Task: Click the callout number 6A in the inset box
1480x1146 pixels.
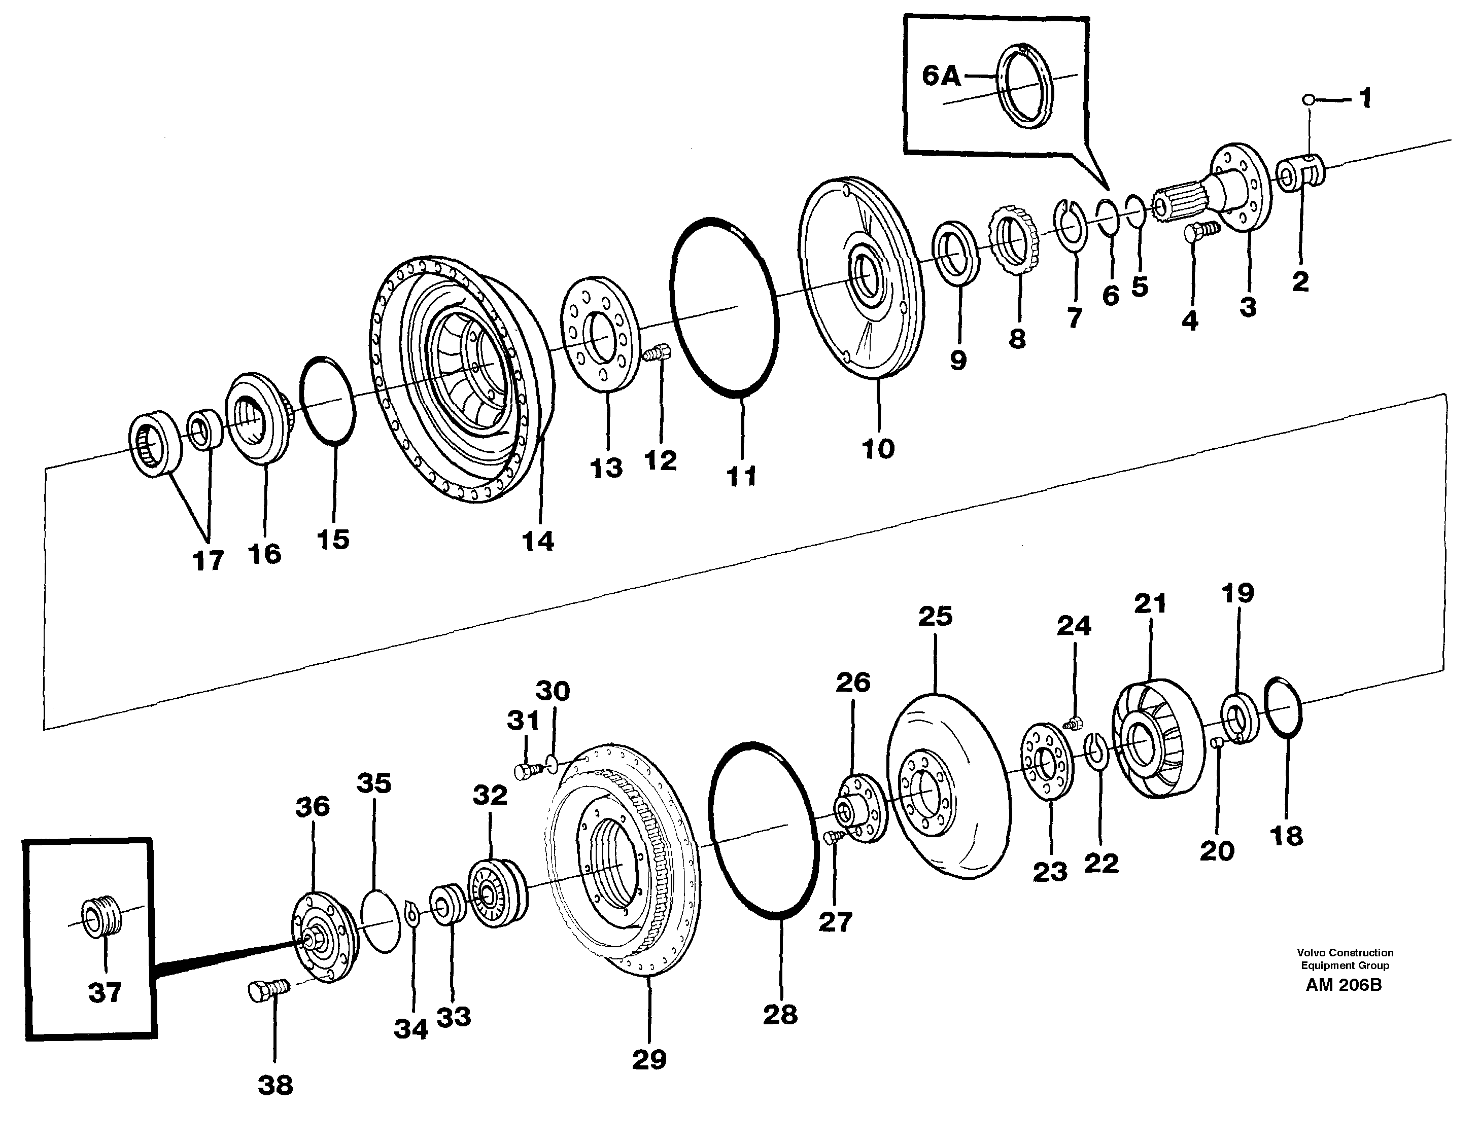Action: tap(941, 77)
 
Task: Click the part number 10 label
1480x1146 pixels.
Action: tap(878, 448)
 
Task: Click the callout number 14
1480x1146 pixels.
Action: tap(538, 541)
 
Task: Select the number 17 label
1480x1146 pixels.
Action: tap(208, 560)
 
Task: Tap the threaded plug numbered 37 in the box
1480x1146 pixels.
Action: tap(101, 918)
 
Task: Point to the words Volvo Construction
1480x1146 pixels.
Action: tap(1345, 952)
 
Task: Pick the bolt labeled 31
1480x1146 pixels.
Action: tap(529, 771)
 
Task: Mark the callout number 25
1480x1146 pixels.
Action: tap(935, 616)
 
